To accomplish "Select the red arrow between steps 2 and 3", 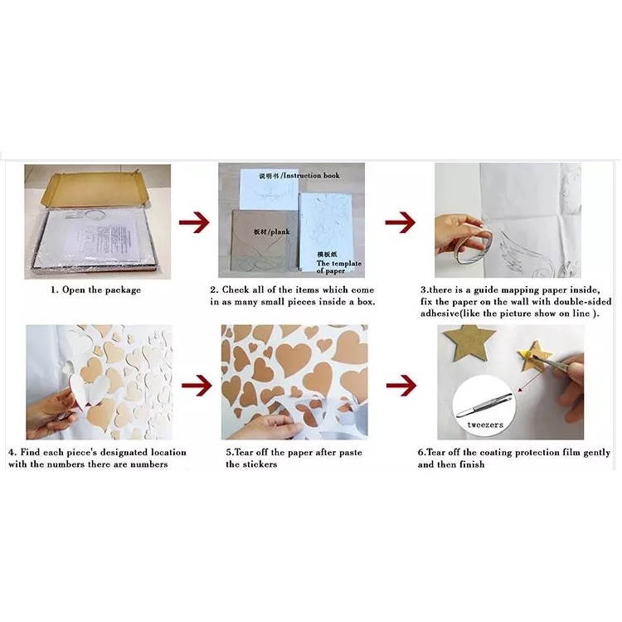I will (x=400, y=222).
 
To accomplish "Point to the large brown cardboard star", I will (x=469, y=346).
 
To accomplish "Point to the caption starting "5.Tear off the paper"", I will (x=294, y=459).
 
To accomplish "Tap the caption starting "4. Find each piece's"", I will (x=97, y=459).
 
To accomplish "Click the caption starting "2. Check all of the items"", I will (x=292, y=296).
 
